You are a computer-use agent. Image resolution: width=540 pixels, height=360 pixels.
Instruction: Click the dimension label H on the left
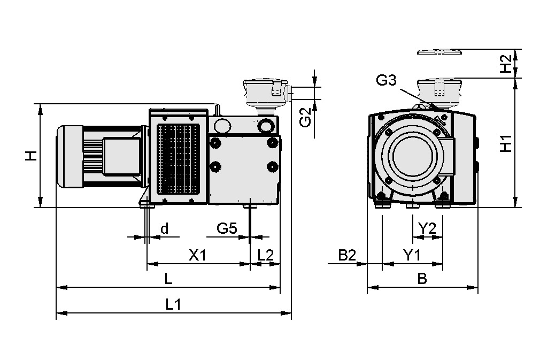click(x=32, y=156)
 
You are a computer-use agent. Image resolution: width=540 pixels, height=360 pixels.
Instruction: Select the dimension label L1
click(x=173, y=304)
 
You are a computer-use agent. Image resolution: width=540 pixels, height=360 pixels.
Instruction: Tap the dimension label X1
click(x=197, y=255)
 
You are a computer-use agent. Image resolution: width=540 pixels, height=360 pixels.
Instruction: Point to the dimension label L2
click(x=265, y=255)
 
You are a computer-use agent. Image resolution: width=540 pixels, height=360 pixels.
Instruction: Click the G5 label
click(x=227, y=228)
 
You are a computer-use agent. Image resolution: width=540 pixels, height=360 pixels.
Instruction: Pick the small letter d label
click(x=164, y=228)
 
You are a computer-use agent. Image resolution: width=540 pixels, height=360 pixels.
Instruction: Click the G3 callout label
click(x=386, y=81)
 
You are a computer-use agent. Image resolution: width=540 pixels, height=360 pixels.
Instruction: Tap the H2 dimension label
click(x=505, y=64)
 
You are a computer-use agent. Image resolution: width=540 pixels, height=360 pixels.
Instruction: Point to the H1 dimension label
click(x=505, y=143)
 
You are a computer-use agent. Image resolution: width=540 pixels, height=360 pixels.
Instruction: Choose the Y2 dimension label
click(x=427, y=228)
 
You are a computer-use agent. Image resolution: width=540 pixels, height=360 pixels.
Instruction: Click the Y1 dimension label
click(x=411, y=255)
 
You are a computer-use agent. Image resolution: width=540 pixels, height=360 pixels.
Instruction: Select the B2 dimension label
click(x=347, y=255)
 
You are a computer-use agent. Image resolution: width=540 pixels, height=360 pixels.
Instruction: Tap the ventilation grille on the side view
click(x=179, y=159)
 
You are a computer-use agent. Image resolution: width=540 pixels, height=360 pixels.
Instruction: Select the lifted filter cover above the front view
click(x=439, y=52)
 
